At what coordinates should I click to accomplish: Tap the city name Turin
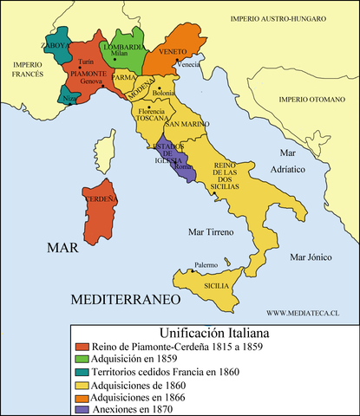click(x=85, y=63)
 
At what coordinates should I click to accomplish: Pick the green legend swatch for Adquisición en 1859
click(x=83, y=360)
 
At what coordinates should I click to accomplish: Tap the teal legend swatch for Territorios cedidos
click(x=83, y=374)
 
